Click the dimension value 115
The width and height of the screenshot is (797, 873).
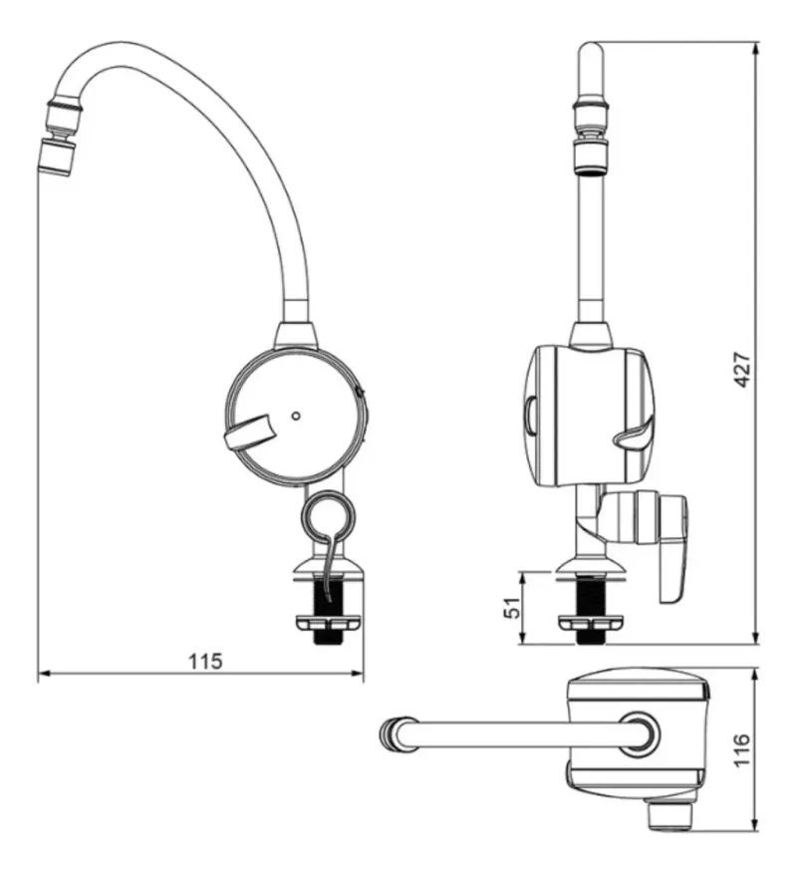tap(205, 661)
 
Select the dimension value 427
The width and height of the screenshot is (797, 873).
tap(742, 370)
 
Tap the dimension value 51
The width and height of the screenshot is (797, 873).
tap(512, 607)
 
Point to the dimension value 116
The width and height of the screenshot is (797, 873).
tap(742, 750)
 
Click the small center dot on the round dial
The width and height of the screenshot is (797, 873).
tap(296, 416)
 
